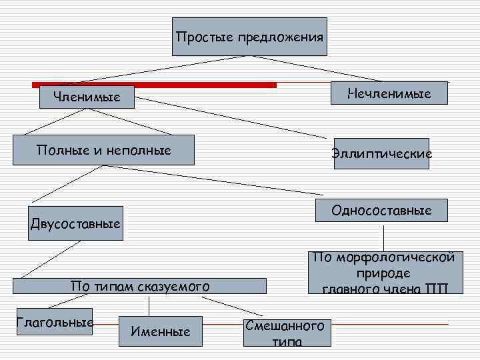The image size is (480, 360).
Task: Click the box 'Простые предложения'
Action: pos(249,37)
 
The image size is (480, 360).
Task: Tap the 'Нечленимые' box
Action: pos(389,93)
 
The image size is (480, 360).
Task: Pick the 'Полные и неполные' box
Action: pos(105,150)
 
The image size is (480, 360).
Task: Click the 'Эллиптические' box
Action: pos(381,154)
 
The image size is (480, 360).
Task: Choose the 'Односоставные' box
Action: pos(382,211)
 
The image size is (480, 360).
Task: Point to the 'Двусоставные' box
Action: pos(76,223)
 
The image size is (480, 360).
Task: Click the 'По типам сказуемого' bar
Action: pos(140,287)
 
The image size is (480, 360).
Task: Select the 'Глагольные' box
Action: pos(53,321)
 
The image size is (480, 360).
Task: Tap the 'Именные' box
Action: pos(161,331)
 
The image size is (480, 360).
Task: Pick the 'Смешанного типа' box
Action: pos(287,331)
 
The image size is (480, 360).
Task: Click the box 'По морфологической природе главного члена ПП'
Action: pos(385,273)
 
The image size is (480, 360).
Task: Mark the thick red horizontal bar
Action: pos(154,85)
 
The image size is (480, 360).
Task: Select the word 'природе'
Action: pos(383,273)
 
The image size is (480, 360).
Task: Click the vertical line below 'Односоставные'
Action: pos(383,239)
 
